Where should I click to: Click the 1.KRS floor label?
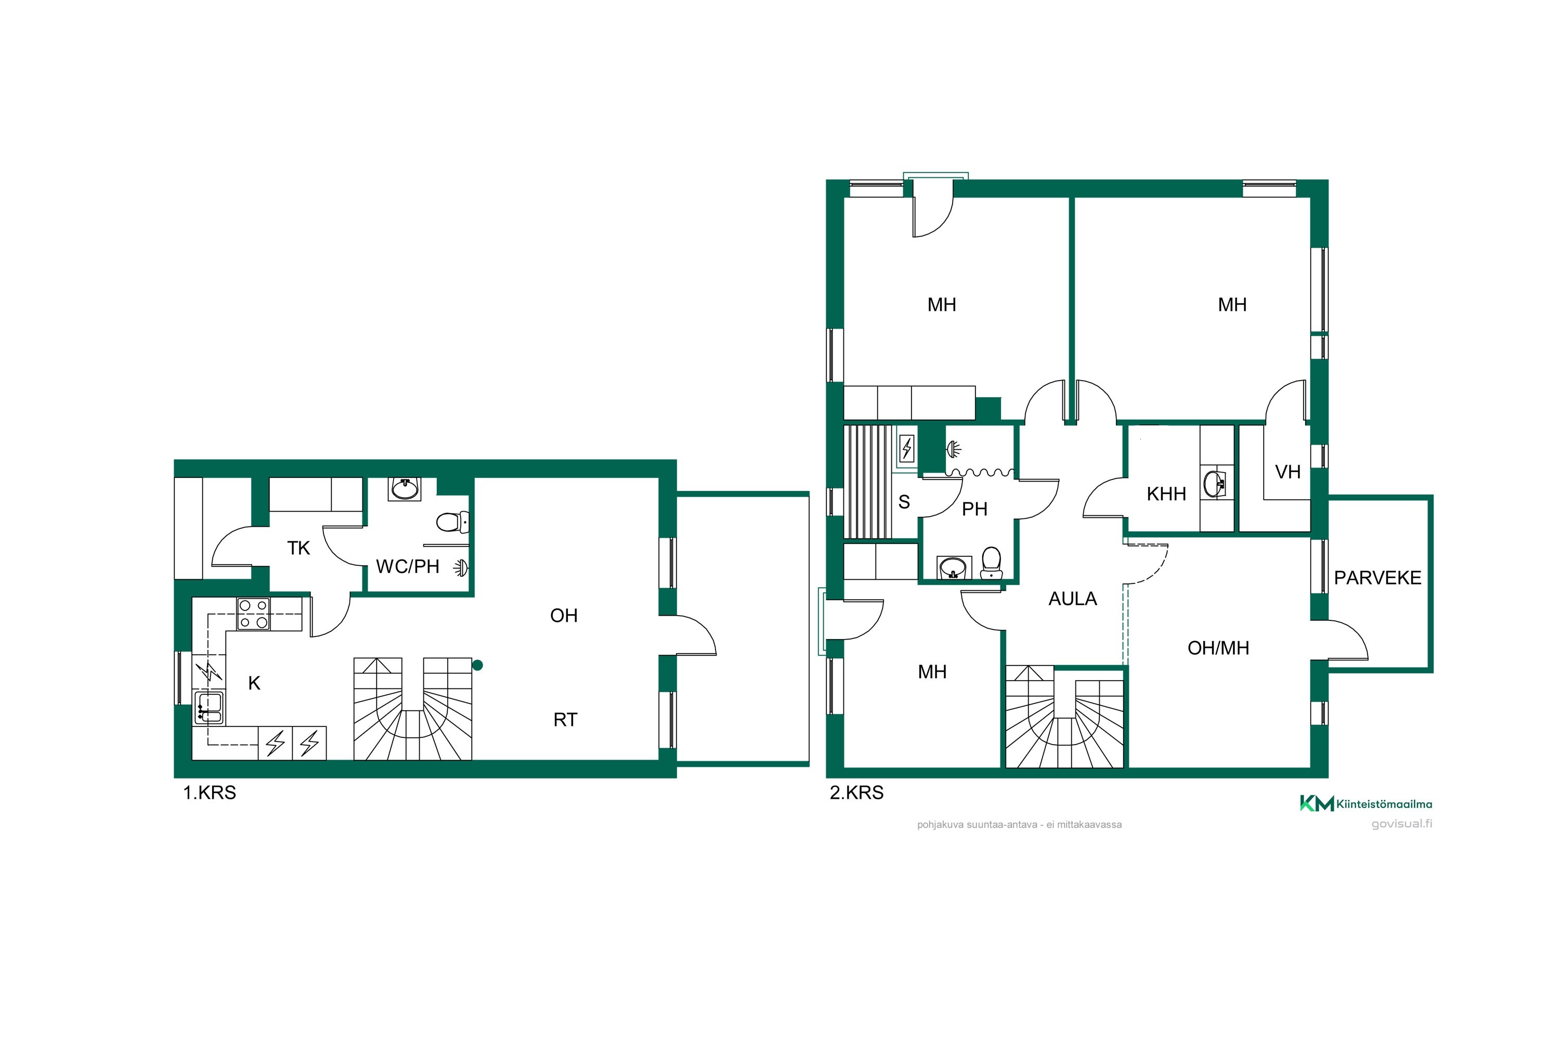click(x=210, y=792)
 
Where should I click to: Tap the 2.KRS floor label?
click(x=857, y=792)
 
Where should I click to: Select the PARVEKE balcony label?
click(x=1377, y=578)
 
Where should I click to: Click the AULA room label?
click(x=1072, y=599)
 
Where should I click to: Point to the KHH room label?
click(x=1166, y=494)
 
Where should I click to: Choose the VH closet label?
click(x=1288, y=472)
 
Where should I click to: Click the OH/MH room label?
click(x=1218, y=648)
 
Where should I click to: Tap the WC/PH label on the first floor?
click(x=407, y=566)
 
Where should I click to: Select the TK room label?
click(x=298, y=548)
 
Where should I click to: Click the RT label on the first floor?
click(x=565, y=720)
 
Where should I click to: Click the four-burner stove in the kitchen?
click(x=253, y=614)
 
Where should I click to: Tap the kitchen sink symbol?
click(x=209, y=707)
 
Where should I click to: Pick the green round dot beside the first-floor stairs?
click(x=477, y=665)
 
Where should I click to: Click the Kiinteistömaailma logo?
click(x=1366, y=804)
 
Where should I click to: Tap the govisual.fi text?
click(x=1401, y=824)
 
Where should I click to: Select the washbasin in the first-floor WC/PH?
click(x=405, y=489)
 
